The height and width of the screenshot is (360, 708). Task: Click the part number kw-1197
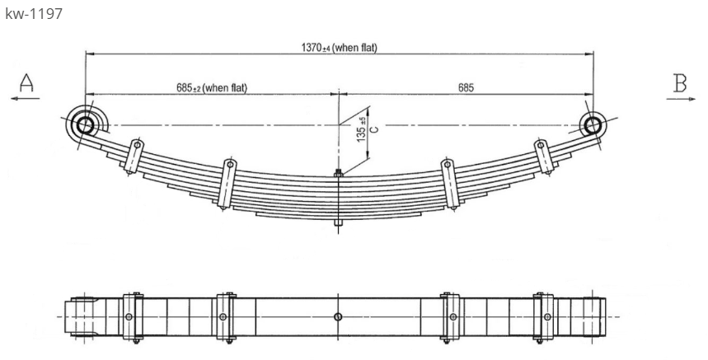(34, 15)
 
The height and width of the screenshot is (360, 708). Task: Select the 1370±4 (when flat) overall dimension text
(339, 48)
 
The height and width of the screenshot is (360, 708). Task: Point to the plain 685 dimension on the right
(466, 87)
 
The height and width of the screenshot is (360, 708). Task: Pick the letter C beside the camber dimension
(373, 129)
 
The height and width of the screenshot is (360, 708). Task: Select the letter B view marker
(680, 82)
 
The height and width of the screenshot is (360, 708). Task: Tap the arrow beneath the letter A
(26, 98)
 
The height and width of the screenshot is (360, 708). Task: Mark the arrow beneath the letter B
(680, 98)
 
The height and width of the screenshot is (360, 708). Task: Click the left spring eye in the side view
(85, 125)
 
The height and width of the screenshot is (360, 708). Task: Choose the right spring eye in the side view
(592, 125)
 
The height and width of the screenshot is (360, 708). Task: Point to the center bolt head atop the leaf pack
(338, 173)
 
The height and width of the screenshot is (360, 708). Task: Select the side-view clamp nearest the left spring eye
(133, 157)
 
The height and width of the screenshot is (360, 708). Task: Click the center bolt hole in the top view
(338, 317)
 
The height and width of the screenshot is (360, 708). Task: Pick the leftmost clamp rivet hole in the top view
(128, 317)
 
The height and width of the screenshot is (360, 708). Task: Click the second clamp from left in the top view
(225, 317)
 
